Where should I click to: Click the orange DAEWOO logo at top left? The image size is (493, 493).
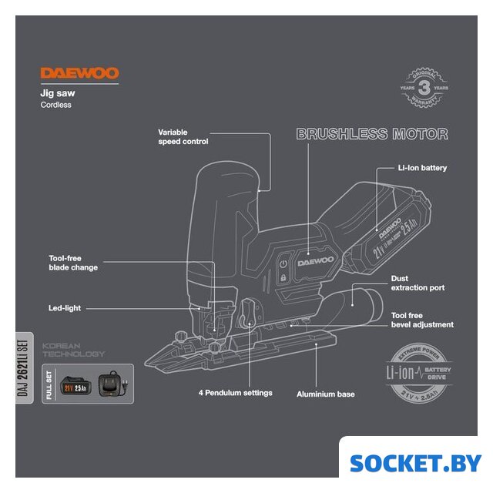79,74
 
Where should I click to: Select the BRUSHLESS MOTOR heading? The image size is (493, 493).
372,134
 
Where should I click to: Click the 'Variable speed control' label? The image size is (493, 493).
183,137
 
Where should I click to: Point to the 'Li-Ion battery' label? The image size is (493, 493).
422,167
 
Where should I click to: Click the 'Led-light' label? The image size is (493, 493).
65,308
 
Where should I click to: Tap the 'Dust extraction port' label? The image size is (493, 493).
418,283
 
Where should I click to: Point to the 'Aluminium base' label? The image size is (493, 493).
326,394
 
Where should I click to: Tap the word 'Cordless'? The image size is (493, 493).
56,105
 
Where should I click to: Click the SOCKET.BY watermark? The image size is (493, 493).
415,463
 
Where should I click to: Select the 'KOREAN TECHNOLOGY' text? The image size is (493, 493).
74,350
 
